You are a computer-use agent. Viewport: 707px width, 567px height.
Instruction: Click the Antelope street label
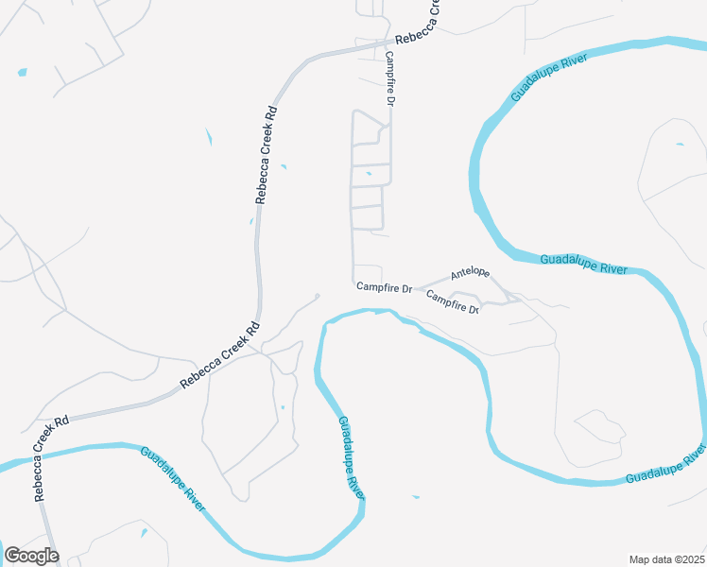click(x=470, y=273)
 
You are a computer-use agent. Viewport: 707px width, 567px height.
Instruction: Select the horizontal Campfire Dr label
click(x=385, y=286)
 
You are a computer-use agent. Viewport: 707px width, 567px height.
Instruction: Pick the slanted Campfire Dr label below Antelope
click(x=453, y=301)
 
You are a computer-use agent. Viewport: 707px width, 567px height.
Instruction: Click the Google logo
click(x=31, y=556)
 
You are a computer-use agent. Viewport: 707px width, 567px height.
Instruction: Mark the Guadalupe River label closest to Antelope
click(x=583, y=265)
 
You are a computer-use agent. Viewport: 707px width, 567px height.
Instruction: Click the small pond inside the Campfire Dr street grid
click(x=369, y=174)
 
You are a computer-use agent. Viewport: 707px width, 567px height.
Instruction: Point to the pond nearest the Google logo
click(x=144, y=534)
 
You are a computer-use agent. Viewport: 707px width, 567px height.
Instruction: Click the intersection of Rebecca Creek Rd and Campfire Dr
click(x=388, y=43)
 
